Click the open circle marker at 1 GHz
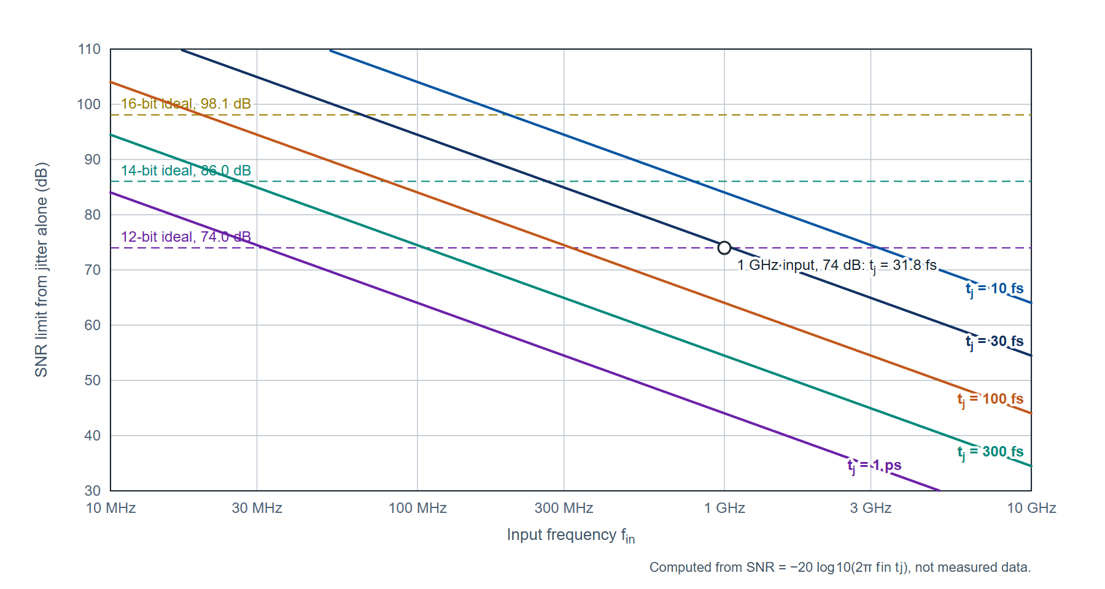[x=724, y=248]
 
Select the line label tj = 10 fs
[x=995, y=289]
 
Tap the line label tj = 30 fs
[x=995, y=342]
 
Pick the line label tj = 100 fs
[x=990, y=399]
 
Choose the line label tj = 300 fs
[x=990, y=452]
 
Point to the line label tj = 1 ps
[x=875, y=466]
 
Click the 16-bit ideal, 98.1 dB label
[x=186, y=104]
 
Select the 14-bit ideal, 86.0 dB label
[x=186, y=171]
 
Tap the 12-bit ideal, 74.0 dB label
[x=186, y=237]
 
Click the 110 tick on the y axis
[x=89, y=49]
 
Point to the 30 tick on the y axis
[x=93, y=491]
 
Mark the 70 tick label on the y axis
[x=93, y=270]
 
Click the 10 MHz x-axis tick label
[x=110, y=508]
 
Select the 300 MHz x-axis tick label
[x=564, y=508]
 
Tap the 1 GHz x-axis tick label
[x=724, y=508]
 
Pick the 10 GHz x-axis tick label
[x=1031, y=508]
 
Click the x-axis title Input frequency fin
[x=571, y=536]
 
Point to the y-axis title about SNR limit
[x=41, y=269]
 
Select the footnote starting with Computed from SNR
[x=840, y=568]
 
